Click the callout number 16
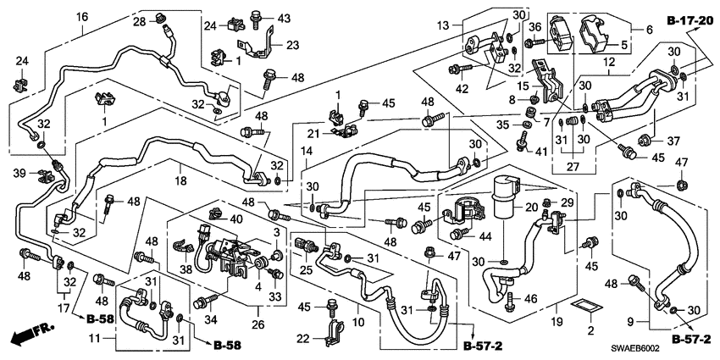pos(82,18)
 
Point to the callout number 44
pos(487,237)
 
